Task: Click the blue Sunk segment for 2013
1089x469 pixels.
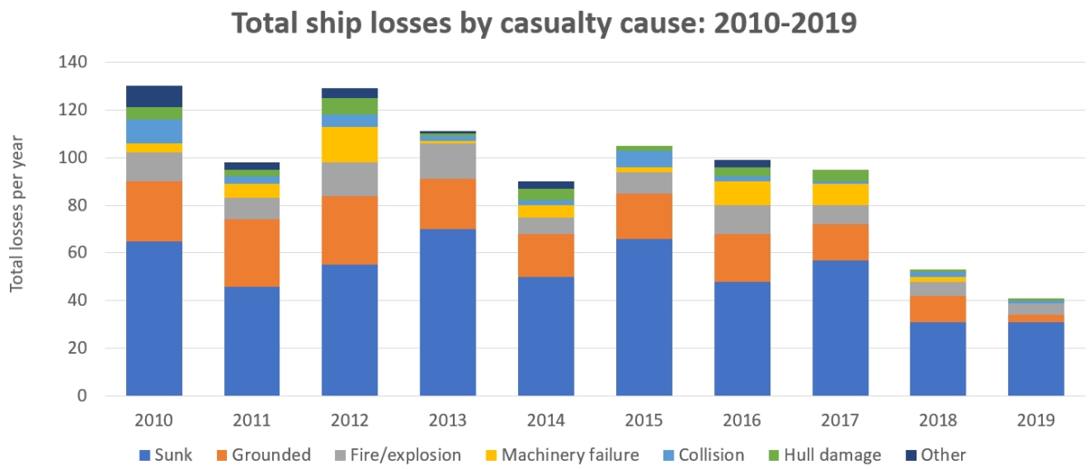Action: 447,312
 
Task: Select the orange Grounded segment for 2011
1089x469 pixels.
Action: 251,253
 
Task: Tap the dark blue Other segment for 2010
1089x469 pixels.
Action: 153,96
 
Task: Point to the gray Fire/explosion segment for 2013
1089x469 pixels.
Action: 447,161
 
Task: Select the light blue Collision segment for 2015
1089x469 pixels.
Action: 643,159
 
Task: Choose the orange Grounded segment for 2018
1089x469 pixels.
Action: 937,308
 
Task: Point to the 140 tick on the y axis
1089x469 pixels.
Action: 75,63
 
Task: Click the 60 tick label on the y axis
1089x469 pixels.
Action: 79,253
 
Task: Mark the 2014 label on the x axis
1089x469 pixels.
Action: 545,421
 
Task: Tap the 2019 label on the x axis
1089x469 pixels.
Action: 1035,421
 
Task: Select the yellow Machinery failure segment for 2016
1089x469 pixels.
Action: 741,193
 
